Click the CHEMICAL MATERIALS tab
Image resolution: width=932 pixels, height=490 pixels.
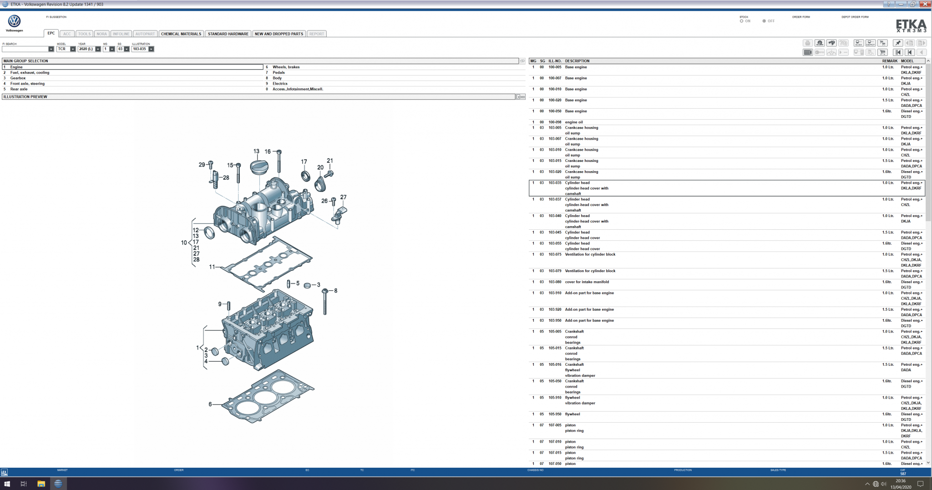click(181, 34)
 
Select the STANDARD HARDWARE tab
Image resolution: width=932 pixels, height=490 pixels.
click(228, 34)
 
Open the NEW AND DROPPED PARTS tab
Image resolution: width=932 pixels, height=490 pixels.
click(279, 34)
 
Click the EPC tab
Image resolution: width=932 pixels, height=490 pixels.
click(51, 33)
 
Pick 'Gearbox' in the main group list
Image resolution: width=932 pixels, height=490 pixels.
click(18, 78)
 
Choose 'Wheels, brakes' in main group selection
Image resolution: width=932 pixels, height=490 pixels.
click(286, 67)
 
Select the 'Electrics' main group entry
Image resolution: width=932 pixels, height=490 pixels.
click(280, 84)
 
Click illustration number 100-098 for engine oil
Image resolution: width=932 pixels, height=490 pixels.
click(555, 122)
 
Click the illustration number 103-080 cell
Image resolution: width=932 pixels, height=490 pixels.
click(555, 282)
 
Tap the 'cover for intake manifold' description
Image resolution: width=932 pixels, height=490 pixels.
click(587, 282)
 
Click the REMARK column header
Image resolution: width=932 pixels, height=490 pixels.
click(890, 61)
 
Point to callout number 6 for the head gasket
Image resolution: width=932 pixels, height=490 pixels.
click(210, 404)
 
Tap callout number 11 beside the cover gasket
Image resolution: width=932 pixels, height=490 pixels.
click(212, 267)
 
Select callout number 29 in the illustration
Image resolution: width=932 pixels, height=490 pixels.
click(202, 165)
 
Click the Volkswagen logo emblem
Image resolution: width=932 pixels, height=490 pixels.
click(15, 21)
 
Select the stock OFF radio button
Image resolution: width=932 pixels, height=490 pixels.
click(764, 21)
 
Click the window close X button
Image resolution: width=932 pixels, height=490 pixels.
click(924, 4)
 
